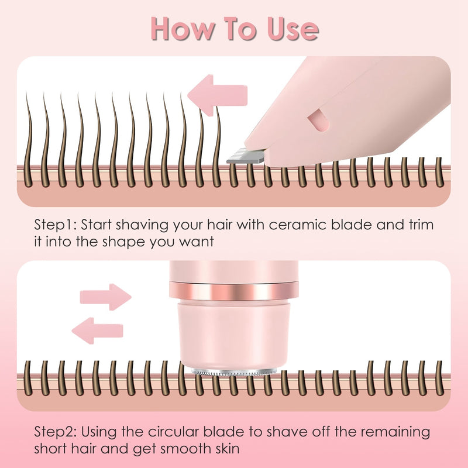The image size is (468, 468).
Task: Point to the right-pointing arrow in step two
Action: pyautogui.click(x=105, y=297)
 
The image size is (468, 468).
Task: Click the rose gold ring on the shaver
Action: pyautogui.click(x=234, y=290)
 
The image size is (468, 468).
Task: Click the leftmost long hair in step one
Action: pyautogui.click(x=28, y=129)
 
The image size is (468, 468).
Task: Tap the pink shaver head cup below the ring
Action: pyautogui.click(x=234, y=333)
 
